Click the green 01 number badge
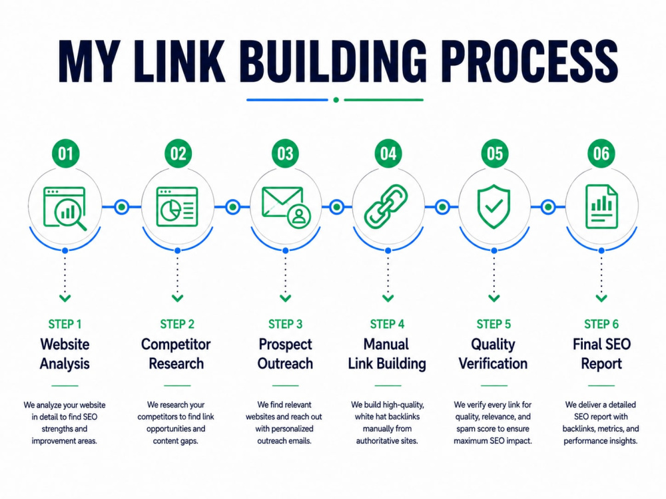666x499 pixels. (65, 153)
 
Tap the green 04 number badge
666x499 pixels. (388, 153)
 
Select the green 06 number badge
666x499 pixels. (601, 153)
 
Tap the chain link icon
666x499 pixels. (386, 207)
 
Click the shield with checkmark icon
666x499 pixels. (494, 207)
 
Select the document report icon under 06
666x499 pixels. (601, 207)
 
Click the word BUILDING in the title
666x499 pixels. (332, 61)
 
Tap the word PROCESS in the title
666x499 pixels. (529, 61)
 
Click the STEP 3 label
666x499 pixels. (286, 324)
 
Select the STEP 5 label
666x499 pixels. (494, 324)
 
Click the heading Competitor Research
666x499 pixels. (176, 354)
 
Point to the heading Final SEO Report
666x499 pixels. (601, 354)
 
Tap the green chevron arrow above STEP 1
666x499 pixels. (65, 298)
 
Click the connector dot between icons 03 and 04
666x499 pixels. (337, 207)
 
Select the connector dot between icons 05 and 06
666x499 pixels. (548, 207)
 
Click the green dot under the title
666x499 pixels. (336, 100)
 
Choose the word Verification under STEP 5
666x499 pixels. (493, 364)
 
